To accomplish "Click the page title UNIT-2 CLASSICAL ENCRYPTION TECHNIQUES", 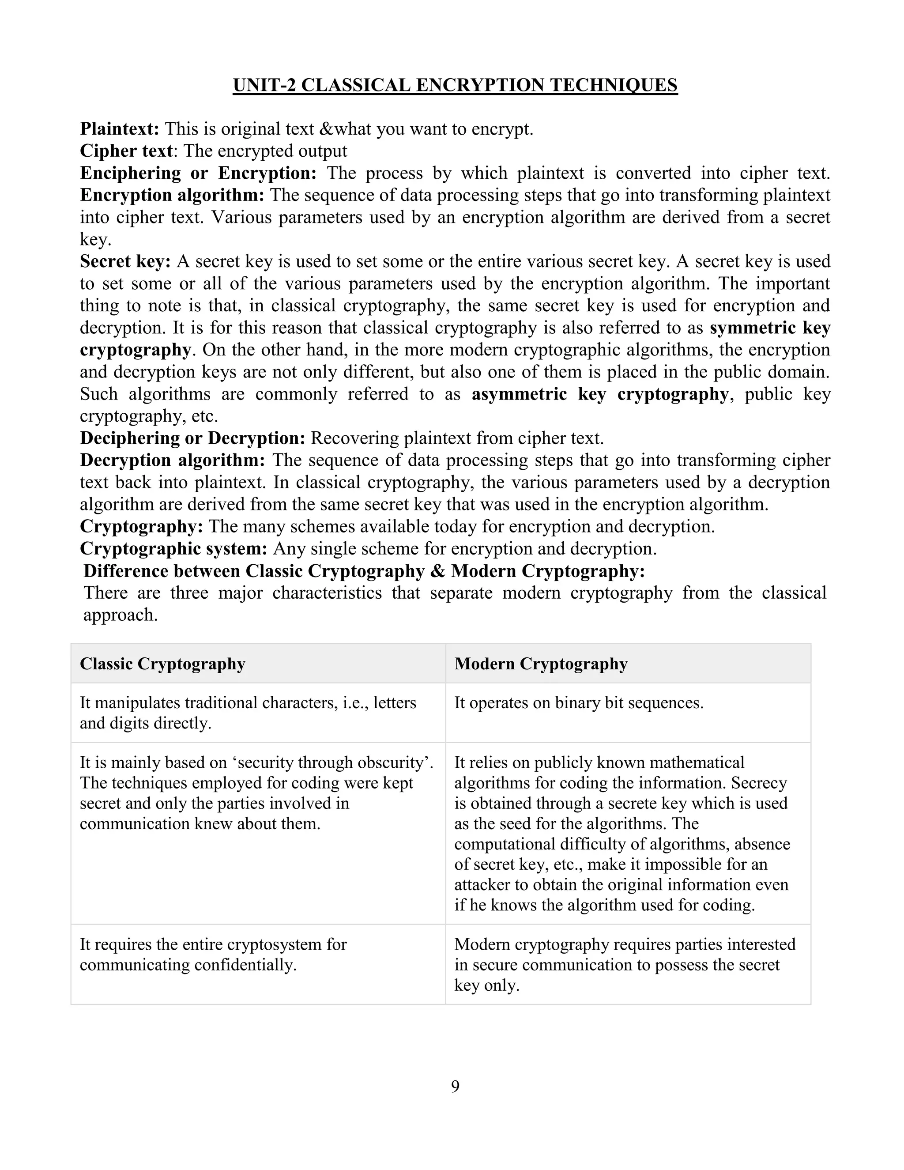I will tap(455, 85).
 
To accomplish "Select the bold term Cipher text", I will tap(126, 151).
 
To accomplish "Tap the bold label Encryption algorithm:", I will tap(172, 195).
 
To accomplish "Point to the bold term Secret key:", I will tap(125, 261).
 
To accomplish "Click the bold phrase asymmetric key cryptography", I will tap(599, 394).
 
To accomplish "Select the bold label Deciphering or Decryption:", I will tap(192, 438).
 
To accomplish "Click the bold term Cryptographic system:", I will tap(173, 548).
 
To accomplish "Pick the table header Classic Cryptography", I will tap(162, 664).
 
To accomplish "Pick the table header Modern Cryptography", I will tap(540, 664).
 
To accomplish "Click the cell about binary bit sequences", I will tap(578, 703).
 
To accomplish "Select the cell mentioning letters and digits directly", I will tap(248, 713).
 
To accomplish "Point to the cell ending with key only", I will tap(625, 964).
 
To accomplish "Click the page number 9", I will tap(455, 1086).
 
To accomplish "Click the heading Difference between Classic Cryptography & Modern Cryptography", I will tap(364, 571).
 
